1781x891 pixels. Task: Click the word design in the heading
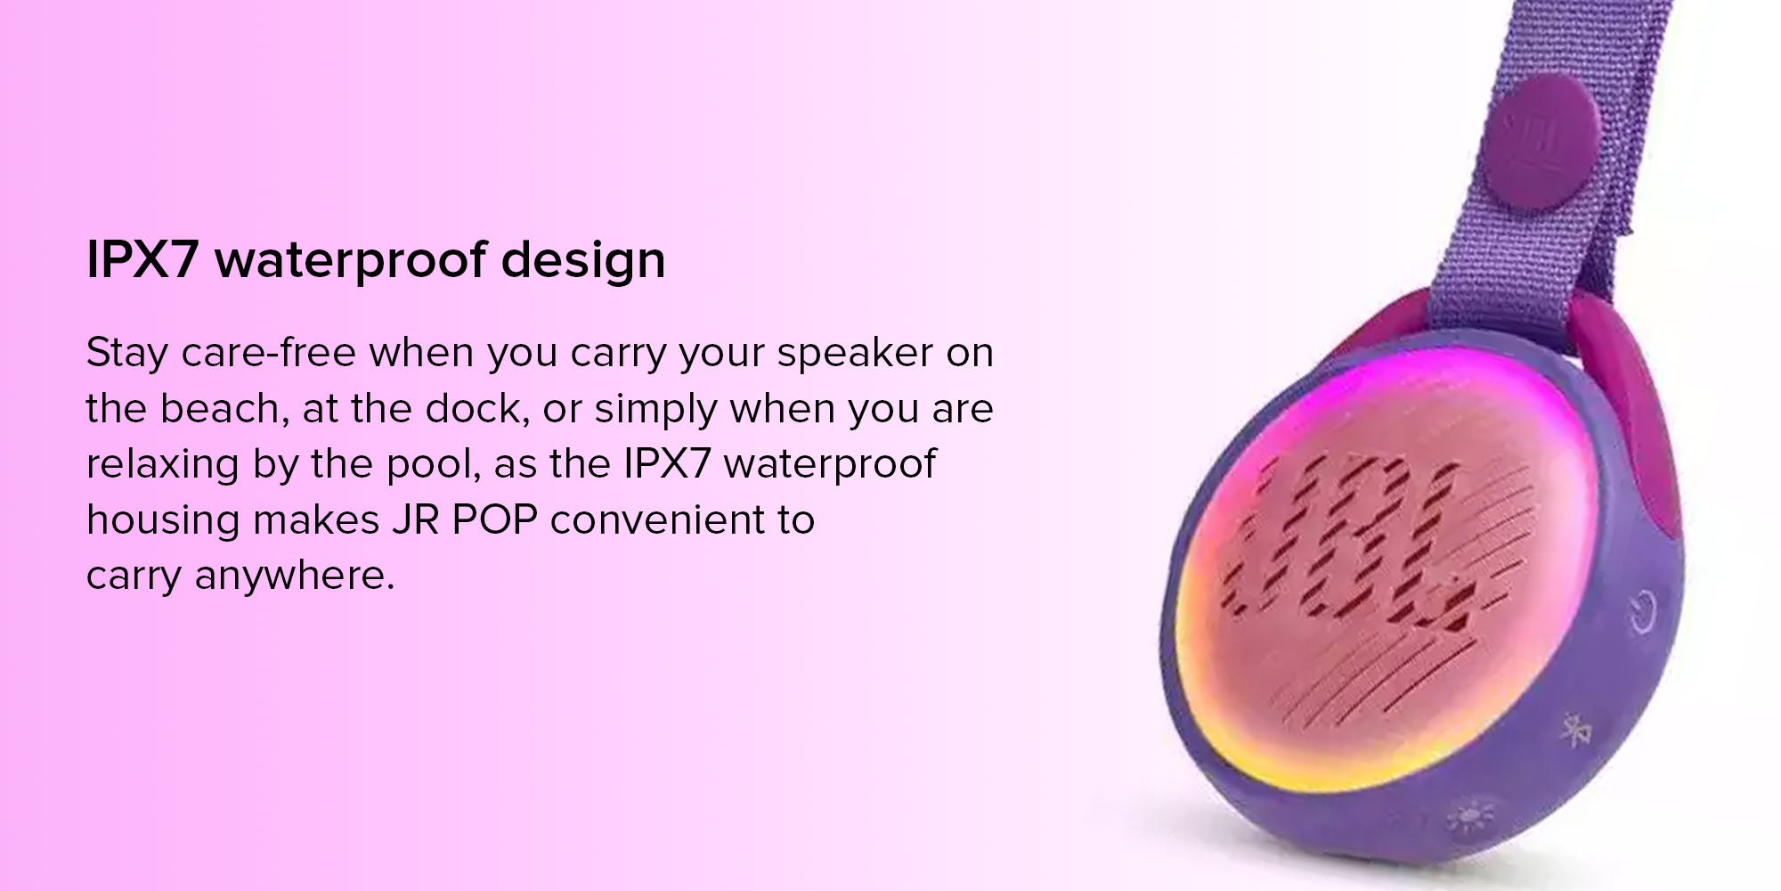click(x=583, y=260)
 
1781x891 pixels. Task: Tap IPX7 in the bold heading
click(x=141, y=260)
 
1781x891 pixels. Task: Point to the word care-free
click(x=269, y=353)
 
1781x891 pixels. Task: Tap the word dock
click(x=476, y=409)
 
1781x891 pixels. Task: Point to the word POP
click(x=494, y=520)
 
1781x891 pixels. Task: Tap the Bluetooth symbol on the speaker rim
click(x=1577, y=732)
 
